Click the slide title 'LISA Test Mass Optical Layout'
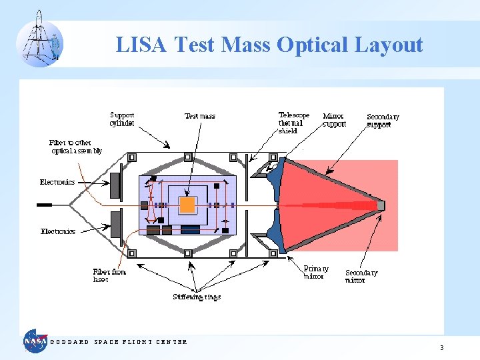pyautogui.click(x=269, y=45)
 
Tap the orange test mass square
pyautogui.click(x=188, y=204)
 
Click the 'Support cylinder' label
pyautogui.click(x=123, y=119)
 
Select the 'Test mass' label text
pyautogui.click(x=200, y=116)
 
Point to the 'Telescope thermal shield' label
pyautogui.click(x=294, y=123)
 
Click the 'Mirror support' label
pyautogui.click(x=335, y=120)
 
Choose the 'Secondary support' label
pyautogui.click(x=383, y=121)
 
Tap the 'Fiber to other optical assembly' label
pyautogui.click(x=76, y=147)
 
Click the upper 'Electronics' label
pyautogui.click(x=57, y=182)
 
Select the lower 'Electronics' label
pyautogui.click(x=58, y=231)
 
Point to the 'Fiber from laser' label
pyautogui.click(x=109, y=275)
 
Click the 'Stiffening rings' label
pyautogui.click(x=197, y=297)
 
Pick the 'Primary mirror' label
pyautogui.click(x=316, y=272)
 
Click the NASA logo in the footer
pyautogui.click(x=35, y=341)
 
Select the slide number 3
pyautogui.click(x=441, y=348)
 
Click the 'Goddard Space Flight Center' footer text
pyautogui.click(x=119, y=342)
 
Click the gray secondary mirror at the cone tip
pyautogui.click(x=381, y=205)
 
